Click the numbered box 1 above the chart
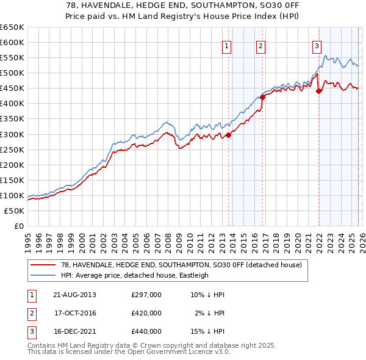[x=226, y=45]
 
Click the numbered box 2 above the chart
[x=260, y=45]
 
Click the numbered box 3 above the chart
[x=317, y=45]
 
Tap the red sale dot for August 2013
[x=229, y=135]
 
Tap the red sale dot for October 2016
[x=262, y=97]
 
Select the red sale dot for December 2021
[x=318, y=91]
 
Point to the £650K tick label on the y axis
[x=12, y=27]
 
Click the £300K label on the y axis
[x=12, y=134]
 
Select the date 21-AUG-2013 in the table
[x=74, y=295]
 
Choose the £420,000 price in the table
[x=146, y=313]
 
